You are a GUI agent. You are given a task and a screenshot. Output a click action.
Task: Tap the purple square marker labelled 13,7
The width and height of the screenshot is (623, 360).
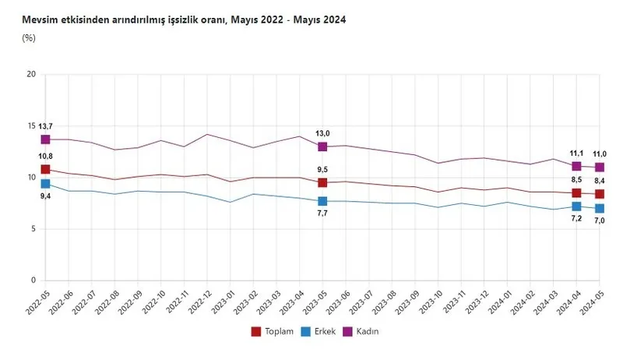(x=46, y=139)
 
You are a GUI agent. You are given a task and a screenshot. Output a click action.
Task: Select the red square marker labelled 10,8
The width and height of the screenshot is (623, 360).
(x=46, y=169)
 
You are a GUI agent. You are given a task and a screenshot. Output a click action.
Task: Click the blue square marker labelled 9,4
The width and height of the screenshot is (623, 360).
(x=46, y=184)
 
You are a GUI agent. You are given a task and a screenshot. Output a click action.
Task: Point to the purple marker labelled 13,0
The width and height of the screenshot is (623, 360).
(x=322, y=146)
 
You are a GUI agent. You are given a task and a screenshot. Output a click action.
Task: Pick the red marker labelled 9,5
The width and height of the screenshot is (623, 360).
(x=322, y=182)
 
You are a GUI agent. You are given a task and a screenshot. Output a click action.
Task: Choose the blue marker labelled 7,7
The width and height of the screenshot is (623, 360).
(x=322, y=201)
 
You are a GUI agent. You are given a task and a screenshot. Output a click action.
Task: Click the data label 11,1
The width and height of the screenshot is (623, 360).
(x=576, y=154)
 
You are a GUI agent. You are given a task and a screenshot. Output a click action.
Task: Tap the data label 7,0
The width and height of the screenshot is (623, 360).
(x=600, y=221)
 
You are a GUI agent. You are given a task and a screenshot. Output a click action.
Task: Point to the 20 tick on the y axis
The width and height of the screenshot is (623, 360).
(x=31, y=75)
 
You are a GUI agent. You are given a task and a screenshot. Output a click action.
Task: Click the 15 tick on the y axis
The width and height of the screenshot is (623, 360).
(x=31, y=126)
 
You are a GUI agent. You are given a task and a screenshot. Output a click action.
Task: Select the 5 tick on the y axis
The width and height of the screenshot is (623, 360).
(x=33, y=228)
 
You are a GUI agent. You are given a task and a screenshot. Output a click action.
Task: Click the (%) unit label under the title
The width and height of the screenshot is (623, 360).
(x=29, y=37)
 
